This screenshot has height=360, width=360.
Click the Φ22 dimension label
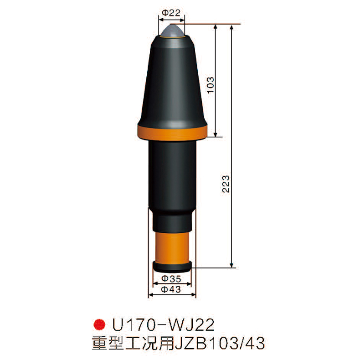point(172,13)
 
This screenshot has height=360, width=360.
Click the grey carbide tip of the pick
point(172,32)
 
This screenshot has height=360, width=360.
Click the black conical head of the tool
point(172,82)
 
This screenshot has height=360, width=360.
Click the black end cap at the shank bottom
point(172,265)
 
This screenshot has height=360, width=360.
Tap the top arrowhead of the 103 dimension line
point(216,27)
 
